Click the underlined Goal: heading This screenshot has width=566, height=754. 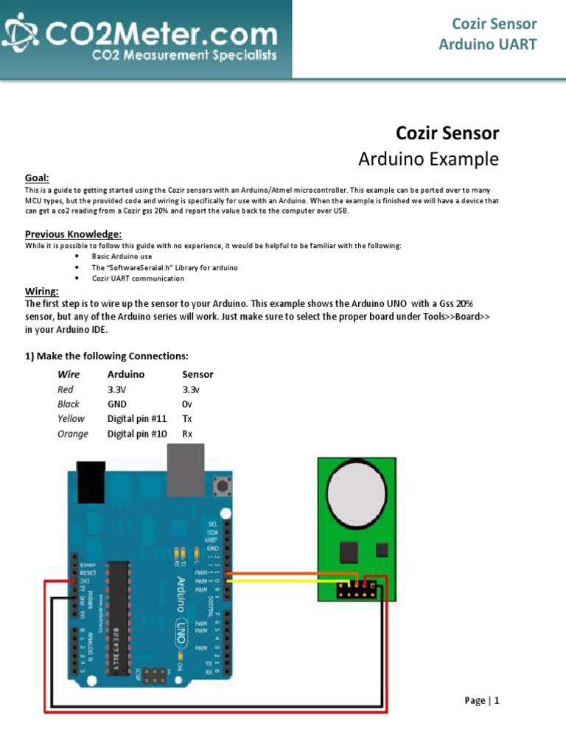37,178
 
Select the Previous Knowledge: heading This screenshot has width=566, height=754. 73,234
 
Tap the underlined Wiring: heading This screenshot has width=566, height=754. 42,292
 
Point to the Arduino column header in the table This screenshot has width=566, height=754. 126,374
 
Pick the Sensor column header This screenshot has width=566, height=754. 198,374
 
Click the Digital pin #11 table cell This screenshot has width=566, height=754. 138,419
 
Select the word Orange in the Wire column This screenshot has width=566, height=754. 73,434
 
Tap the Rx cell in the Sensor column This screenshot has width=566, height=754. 187,434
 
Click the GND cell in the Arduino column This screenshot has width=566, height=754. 117,404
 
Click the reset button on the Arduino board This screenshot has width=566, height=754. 220,486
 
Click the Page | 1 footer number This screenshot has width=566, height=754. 483,700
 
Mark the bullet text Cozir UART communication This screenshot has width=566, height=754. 138,278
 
